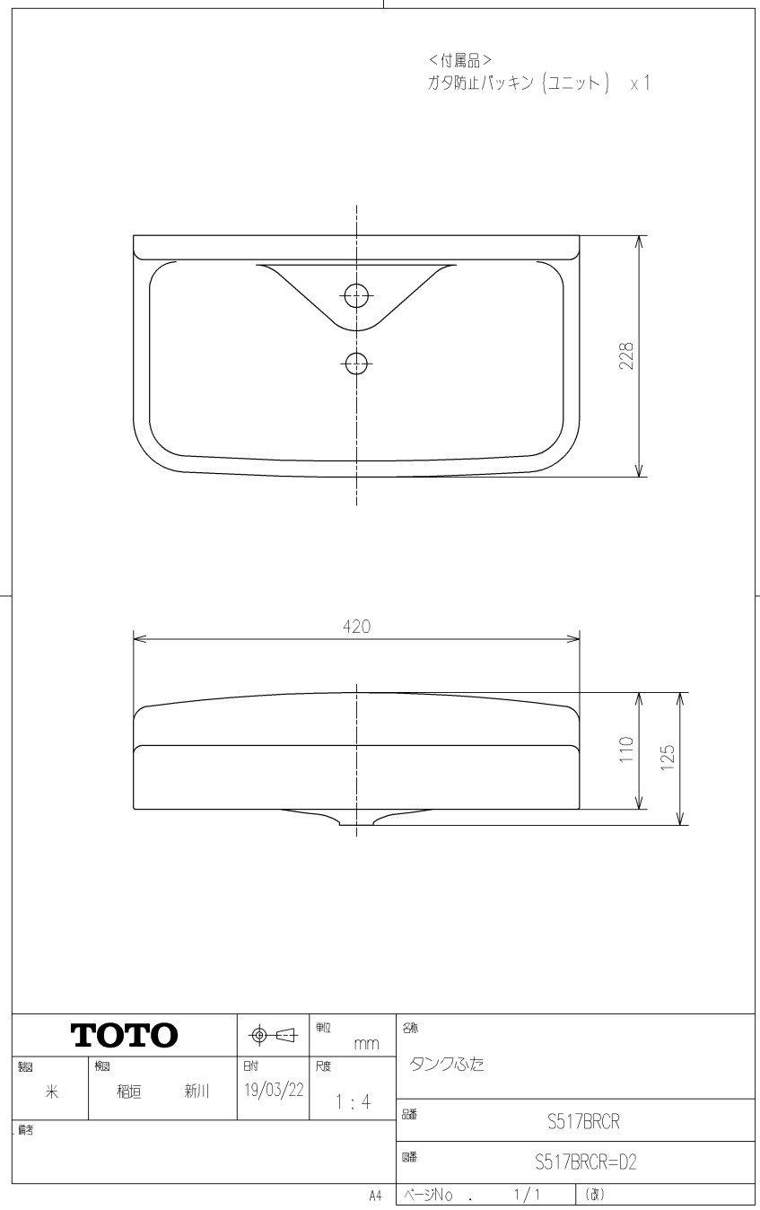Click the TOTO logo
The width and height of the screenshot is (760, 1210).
point(124,1035)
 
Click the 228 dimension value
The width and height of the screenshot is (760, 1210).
point(626,356)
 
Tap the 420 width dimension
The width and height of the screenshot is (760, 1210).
point(356,627)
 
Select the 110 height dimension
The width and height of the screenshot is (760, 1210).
point(626,750)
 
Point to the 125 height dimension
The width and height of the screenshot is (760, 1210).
point(668,757)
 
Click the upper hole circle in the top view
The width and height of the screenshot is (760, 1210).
point(356,295)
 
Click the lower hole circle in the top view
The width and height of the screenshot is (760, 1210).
point(356,364)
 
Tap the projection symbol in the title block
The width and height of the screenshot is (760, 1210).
point(274,1035)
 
